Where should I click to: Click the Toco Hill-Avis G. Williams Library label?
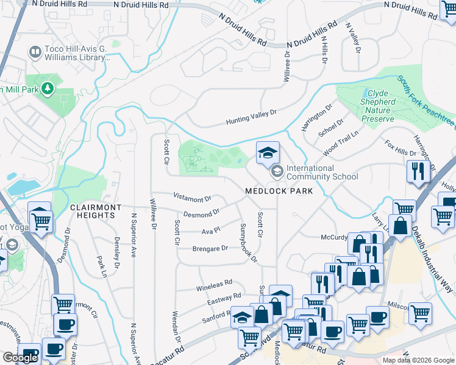pyautogui.click(x=77, y=52)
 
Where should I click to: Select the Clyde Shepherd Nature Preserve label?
pyautogui.click(x=386, y=106)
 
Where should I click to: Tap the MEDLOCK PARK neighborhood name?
pyautogui.click(x=279, y=191)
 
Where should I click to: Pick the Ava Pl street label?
pyautogui.click(x=210, y=231)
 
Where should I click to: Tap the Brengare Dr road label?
pyautogui.click(x=210, y=248)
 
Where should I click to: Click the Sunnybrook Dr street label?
pyautogui.click(x=249, y=243)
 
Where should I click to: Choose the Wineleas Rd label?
pyautogui.click(x=214, y=283)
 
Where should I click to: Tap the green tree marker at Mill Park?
pyautogui.click(x=47, y=89)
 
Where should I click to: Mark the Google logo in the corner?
pyautogui.click(x=20, y=358)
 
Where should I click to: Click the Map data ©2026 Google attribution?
pyautogui.click(x=418, y=360)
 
